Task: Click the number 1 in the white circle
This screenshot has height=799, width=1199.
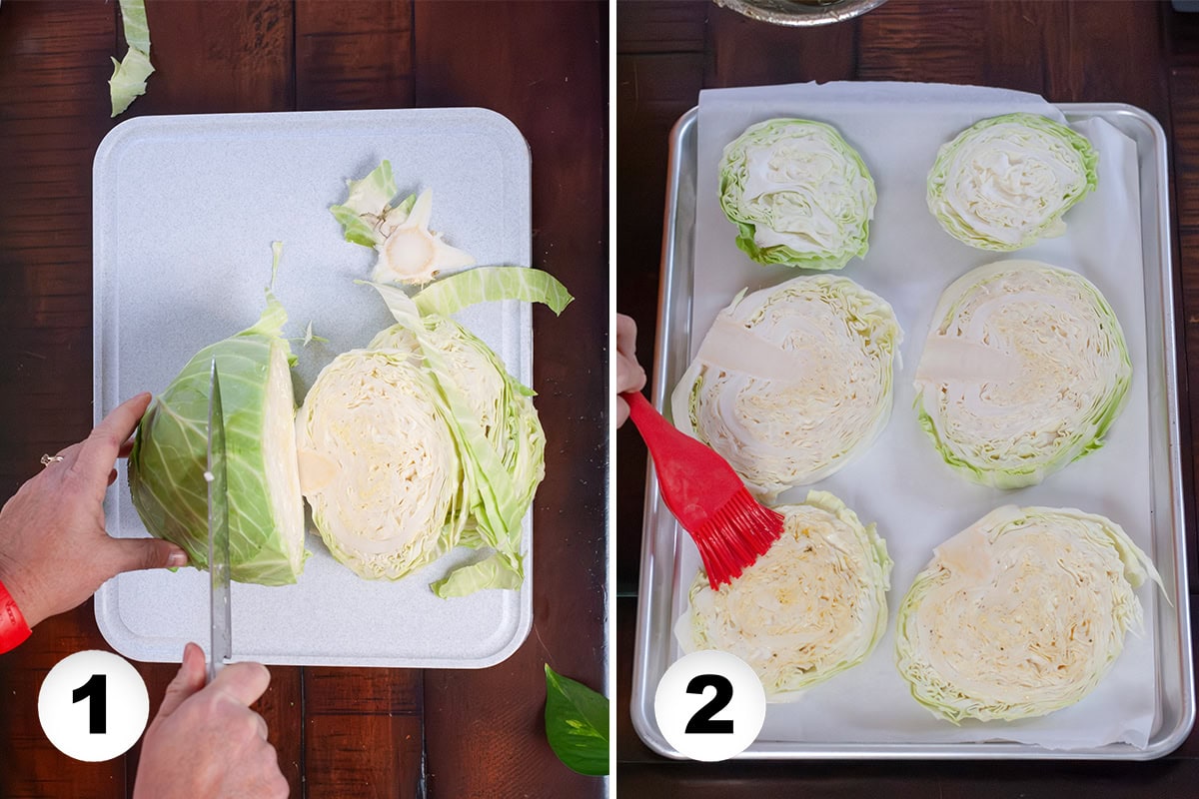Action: pyautogui.click(x=93, y=705)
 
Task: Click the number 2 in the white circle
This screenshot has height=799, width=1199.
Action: pyautogui.click(x=709, y=705)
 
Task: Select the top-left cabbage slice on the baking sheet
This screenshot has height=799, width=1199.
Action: pyautogui.click(x=796, y=193)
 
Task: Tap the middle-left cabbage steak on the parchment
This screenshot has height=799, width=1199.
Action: pyautogui.click(x=789, y=385)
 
